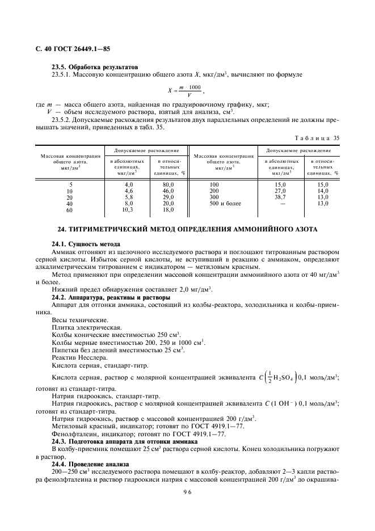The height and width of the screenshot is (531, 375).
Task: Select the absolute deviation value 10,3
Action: point(128,209)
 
